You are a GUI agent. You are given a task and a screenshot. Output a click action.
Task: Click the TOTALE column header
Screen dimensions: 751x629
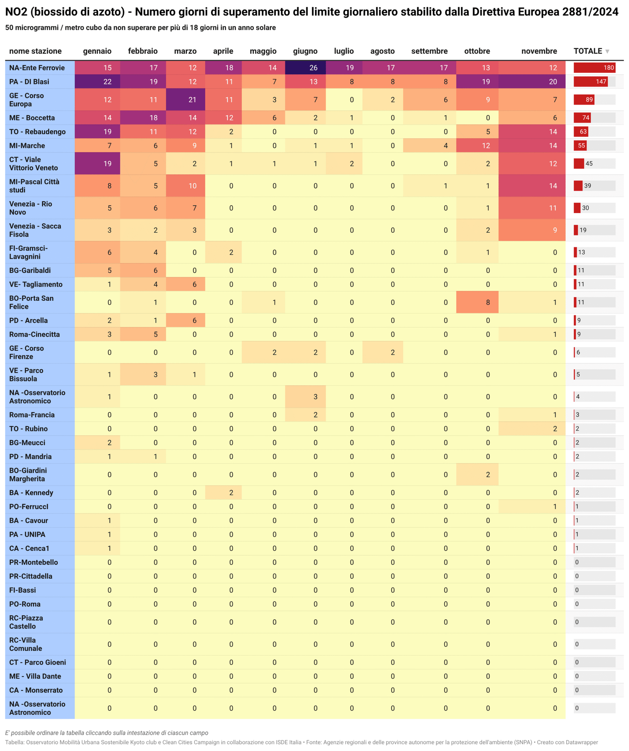[588, 51]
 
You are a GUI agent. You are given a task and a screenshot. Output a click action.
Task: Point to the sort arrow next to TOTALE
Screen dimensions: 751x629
[607, 52]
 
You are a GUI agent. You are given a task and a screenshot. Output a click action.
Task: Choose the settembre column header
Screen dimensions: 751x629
[429, 51]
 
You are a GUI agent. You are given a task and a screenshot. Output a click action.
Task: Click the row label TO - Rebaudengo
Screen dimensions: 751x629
[37, 132]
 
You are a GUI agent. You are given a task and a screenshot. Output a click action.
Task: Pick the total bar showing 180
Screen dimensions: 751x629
[594, 68]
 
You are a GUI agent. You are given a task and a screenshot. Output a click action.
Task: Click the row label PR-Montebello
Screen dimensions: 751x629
[33, 562]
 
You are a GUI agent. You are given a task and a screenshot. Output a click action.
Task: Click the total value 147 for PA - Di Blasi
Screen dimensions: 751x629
[601, 82]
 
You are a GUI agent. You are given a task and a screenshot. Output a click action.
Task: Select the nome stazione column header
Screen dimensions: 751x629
[35, 51]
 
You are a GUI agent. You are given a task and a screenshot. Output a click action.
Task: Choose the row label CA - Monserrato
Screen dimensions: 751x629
[36, 690]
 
